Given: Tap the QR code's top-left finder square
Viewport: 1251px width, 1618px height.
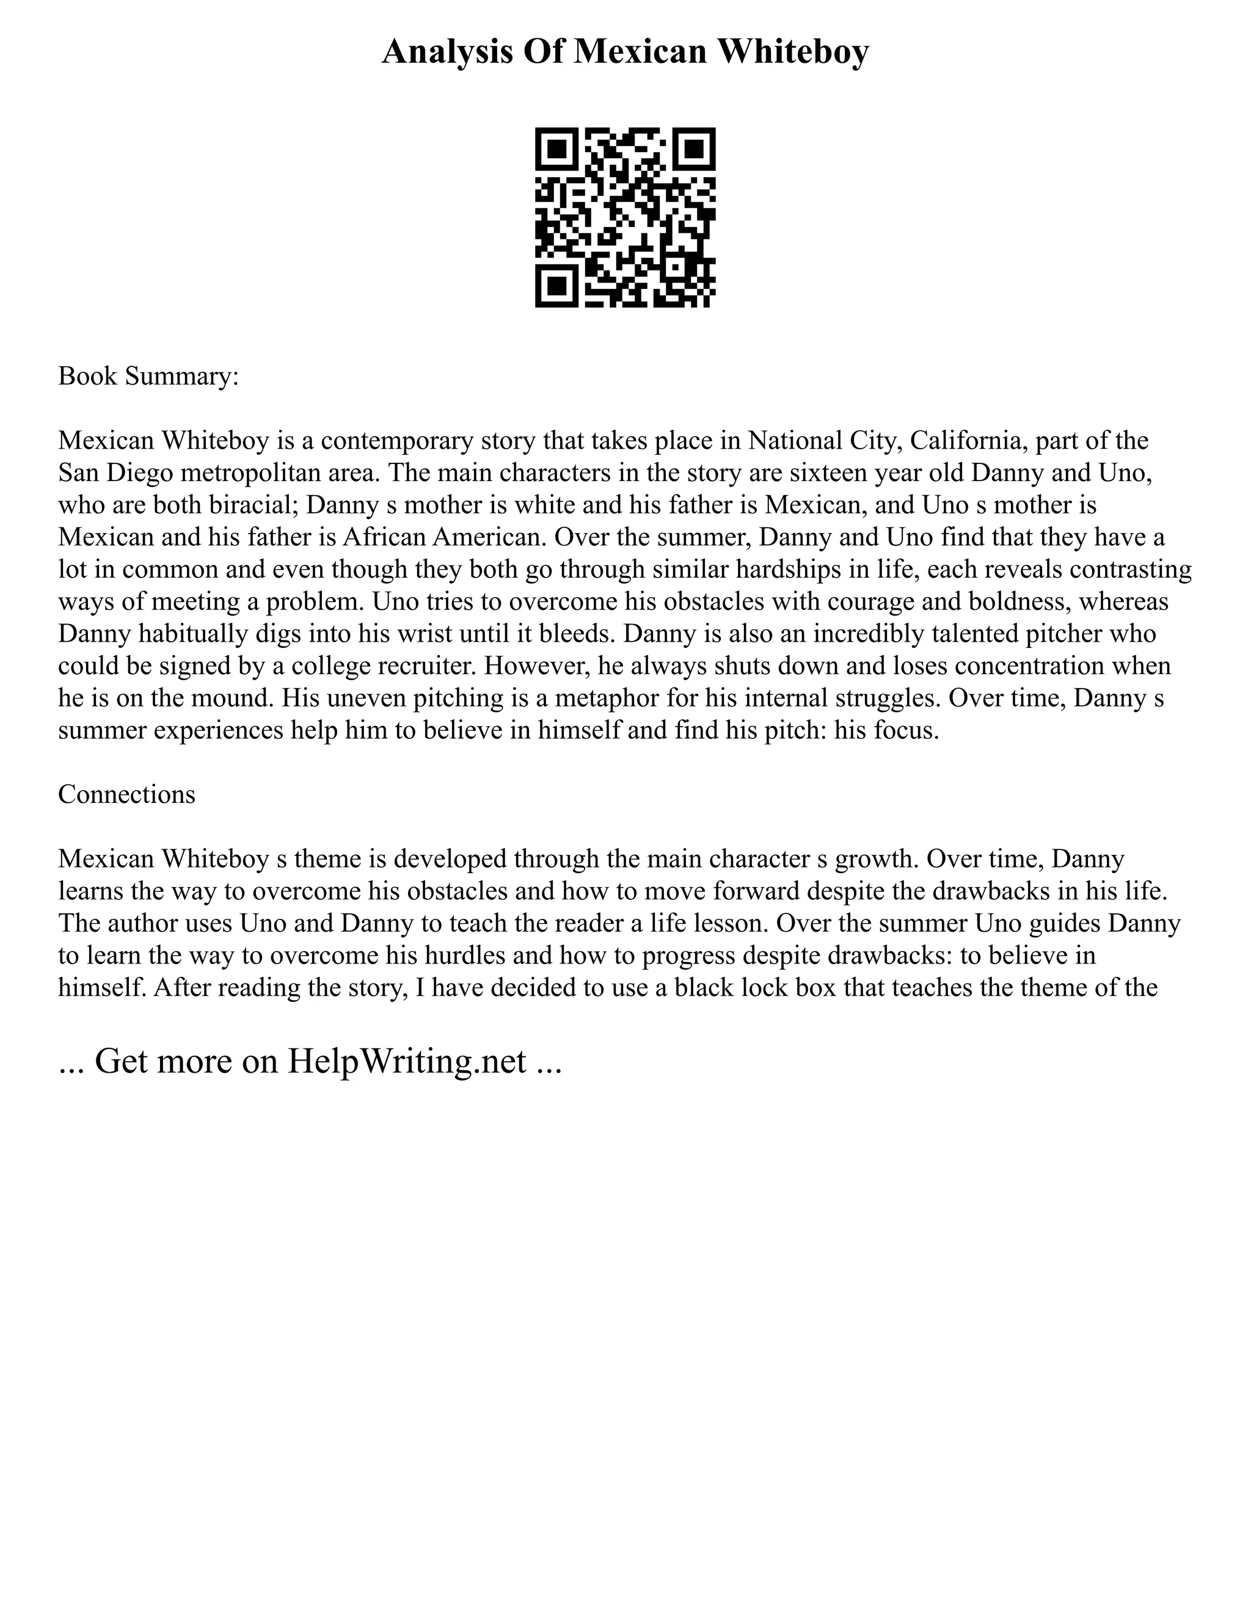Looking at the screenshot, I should [556, 149].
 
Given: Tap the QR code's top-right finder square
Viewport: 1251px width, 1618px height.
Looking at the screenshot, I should [694, 149].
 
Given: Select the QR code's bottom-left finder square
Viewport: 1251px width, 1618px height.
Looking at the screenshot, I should [556, 286].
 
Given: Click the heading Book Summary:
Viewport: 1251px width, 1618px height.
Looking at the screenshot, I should [148, 376].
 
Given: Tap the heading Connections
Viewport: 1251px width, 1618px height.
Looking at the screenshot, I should [126, 795].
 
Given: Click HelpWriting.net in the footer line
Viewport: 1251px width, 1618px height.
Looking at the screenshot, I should [407, 1062].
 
